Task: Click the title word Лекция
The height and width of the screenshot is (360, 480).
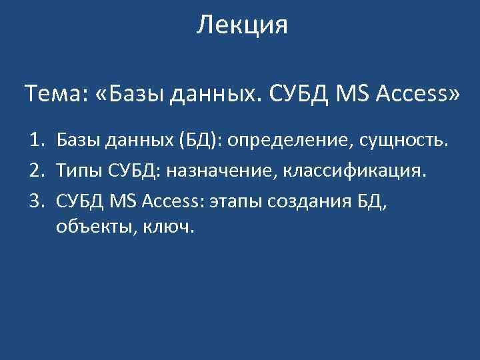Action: [243, 26]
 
